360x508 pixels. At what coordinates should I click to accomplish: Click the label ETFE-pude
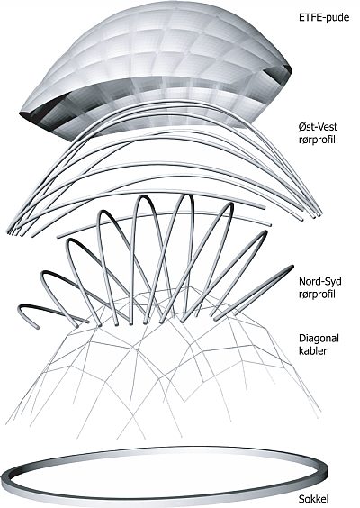tap(324, 17)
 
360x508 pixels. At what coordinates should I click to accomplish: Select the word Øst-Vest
tap(318, 126)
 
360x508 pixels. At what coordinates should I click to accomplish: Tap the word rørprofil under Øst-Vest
tap(317, 141)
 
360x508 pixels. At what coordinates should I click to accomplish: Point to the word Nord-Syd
tap(320, 281)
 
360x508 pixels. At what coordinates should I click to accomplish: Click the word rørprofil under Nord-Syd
tap(317, 295)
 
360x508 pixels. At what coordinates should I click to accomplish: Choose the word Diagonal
tap(319, 339)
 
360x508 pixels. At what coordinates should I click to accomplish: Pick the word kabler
tap(312, 350)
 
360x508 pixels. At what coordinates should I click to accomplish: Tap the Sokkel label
tap(314, 499)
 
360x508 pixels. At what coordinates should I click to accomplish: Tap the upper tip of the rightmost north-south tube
tap(291, 268)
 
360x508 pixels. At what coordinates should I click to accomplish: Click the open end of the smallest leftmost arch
tap(37, 327)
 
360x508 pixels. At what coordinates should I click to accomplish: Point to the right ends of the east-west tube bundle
tap(312, 214)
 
